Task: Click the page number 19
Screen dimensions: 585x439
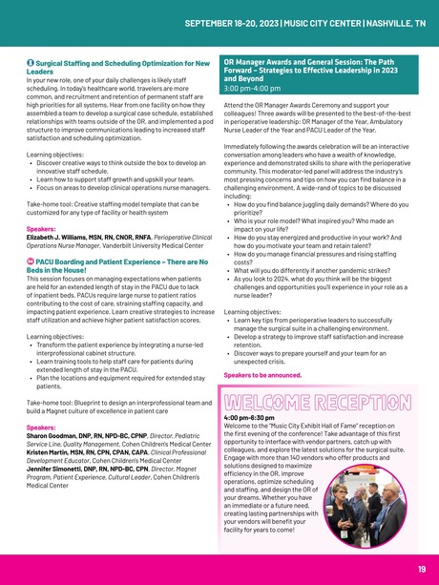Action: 421,570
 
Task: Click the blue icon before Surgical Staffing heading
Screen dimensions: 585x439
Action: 31,62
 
